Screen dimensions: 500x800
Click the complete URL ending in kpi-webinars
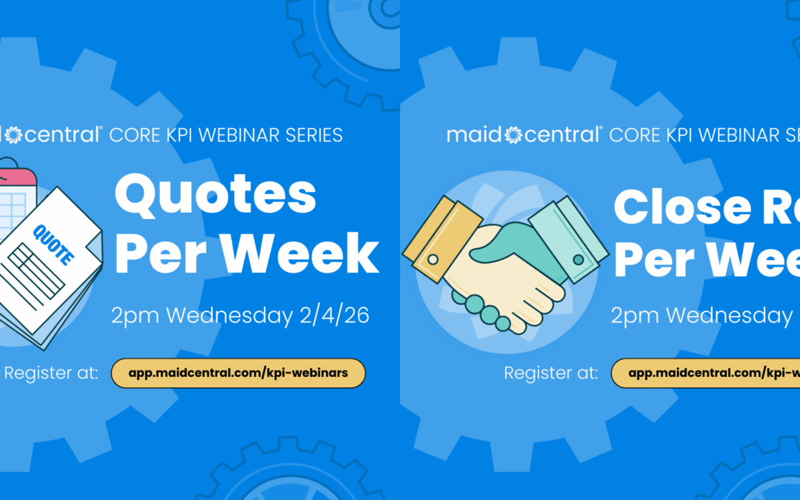point(239,373)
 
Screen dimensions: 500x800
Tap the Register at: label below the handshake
point(550,373)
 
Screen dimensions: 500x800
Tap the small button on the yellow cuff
point(433,259)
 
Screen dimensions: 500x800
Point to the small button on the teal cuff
point(579,259)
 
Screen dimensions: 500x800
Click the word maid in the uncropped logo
point(473,136)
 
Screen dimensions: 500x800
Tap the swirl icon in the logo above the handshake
point(513,136)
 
